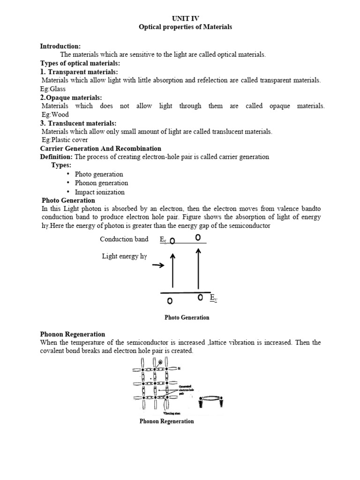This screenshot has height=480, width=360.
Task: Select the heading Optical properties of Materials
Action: click(x=185, y=27)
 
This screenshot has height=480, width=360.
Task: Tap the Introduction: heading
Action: click(x=60, y=46)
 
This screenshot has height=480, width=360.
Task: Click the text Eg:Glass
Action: click(x=53, y=89)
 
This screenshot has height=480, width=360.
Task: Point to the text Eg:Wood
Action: click(x=55, y=114)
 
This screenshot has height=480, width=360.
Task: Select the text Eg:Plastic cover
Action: click(x=65, y=140)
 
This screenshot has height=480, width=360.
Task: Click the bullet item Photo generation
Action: click(x=99, y=174)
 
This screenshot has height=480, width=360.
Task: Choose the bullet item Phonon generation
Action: click(x=101, y=183)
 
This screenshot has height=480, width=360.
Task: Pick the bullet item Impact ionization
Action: click(x=100, y=192)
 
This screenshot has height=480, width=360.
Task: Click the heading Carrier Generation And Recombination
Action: click(x=101, y=149)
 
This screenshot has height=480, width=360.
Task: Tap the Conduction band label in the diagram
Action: click(x=124, y=239)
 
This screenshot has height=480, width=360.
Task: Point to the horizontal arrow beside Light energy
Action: click(x=158, y=266)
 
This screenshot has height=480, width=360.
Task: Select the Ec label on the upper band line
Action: click(x=163, y=240)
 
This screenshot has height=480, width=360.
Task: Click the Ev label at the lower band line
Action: click(x=213, y=298)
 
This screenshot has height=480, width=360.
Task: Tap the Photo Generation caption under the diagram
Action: click(x=187, y=317)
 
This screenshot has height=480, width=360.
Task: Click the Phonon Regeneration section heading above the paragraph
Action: click(x=73, y=334)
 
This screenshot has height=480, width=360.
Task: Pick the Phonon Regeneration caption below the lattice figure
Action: click(x=166, y=421)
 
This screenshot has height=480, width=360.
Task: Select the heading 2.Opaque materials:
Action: click(x=71, y=97)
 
